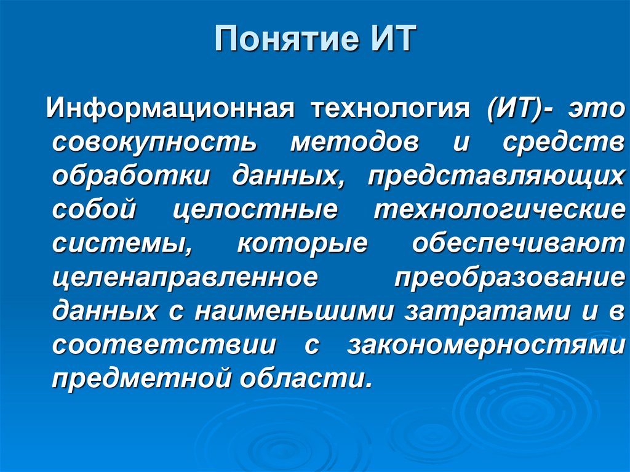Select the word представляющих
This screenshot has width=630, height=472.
pos(496,176)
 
